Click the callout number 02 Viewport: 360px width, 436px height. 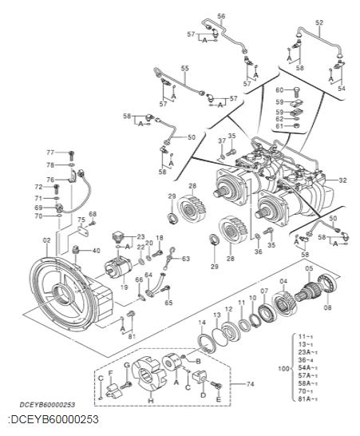click(46, 240)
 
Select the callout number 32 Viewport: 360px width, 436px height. click(342, 180)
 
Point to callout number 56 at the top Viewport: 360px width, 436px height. click(221, 16)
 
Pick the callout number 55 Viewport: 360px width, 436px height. click(184, 69)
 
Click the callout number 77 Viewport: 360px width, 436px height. click(49, 152)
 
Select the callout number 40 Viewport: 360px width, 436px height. click(96, 251)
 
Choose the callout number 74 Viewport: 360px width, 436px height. click(251, 383)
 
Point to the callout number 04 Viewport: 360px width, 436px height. click(283, 280)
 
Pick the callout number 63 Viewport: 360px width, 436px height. click(186, 259)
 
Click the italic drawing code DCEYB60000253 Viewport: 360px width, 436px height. click(49, 406)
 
